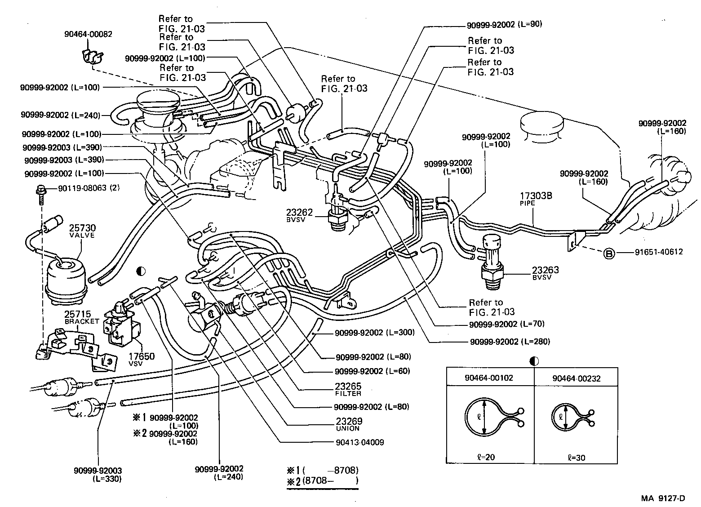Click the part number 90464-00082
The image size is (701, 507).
point(88,34)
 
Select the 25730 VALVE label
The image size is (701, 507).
point(82,231)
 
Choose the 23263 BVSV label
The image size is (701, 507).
point(545,273)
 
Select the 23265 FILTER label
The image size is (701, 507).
point(348,389)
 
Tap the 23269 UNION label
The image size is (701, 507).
point(348,424)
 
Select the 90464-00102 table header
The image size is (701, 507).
point(489,378)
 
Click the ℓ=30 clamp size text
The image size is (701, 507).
point(577,458)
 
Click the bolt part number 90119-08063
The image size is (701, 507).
point(82,188)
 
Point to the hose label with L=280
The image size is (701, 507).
point(510,342)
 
